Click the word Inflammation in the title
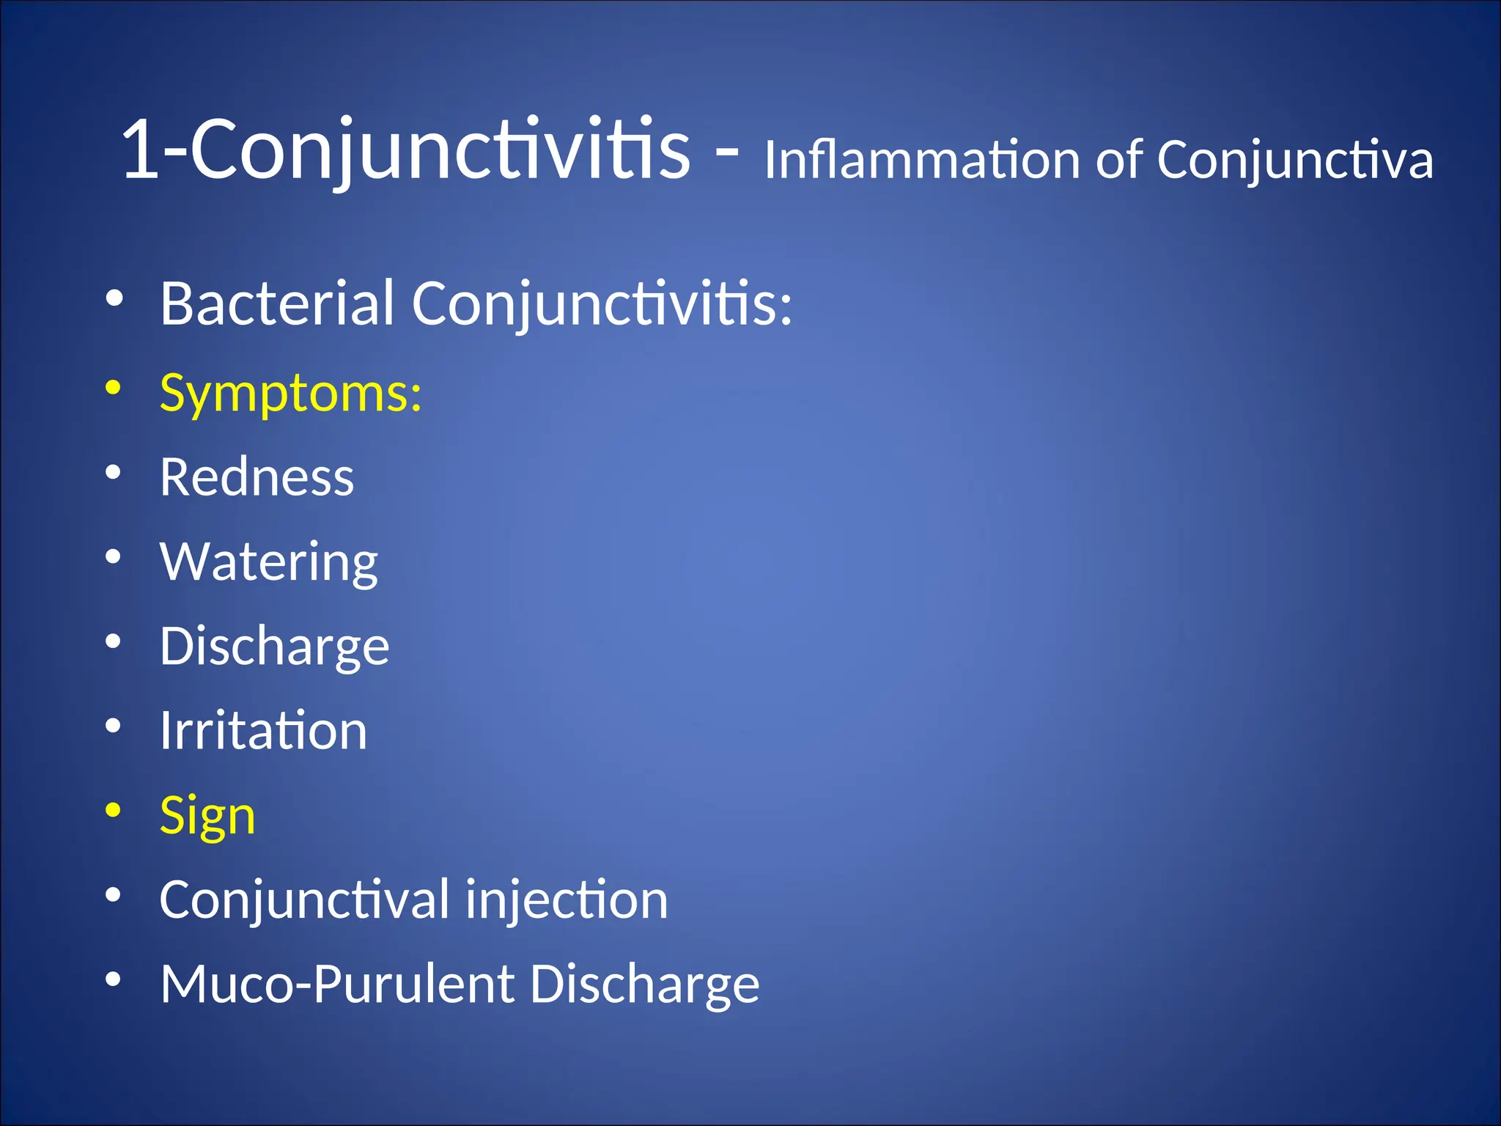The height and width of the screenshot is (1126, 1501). point(922,159)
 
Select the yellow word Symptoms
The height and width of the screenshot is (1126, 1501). point(290,394)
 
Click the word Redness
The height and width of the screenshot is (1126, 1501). point(257,478)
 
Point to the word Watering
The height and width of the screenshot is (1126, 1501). point(268,562)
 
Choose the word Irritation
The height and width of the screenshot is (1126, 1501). point(263,731)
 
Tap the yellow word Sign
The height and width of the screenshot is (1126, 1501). point(207,816)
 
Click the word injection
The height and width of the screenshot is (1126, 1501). point(567,900)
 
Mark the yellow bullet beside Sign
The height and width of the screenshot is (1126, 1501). point(113,810)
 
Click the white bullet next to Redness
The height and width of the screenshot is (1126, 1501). point(113,472)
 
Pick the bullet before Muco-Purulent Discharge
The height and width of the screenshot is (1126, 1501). point(113,979)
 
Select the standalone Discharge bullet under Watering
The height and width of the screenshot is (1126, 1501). point(274,647)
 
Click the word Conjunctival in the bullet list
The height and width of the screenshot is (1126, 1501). point(304,900)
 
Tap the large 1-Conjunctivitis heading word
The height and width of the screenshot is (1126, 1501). point(405,150)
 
